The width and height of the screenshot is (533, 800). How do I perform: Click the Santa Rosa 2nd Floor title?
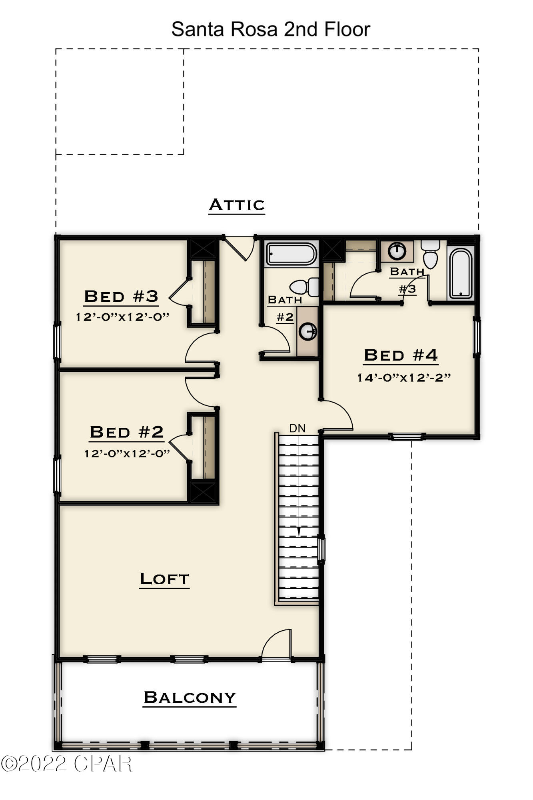coord(271,29)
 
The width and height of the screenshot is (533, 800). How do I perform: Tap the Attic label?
coord(237,205)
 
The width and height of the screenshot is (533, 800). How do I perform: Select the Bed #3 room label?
coord(121,297)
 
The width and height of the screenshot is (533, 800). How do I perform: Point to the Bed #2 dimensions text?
coord(127,453)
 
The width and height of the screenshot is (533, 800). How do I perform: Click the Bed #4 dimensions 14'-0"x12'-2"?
coord(404,377)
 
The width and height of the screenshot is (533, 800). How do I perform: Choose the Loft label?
coord(164,579)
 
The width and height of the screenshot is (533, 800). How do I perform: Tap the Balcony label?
coord(190,697)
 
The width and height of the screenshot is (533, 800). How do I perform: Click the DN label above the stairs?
coord(297,428)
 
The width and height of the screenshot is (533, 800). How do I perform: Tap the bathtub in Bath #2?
coord(292,254)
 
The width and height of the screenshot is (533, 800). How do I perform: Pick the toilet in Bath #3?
coord(430,255)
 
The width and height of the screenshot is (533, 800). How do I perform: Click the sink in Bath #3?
coord(397,251)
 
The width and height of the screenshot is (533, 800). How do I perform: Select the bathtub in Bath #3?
coord(461,273)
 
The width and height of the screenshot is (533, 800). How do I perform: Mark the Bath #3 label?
coord(407,280)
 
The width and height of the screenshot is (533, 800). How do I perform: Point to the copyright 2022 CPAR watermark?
coord(66,764)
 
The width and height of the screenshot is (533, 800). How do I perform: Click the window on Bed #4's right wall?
coord(476,335)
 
